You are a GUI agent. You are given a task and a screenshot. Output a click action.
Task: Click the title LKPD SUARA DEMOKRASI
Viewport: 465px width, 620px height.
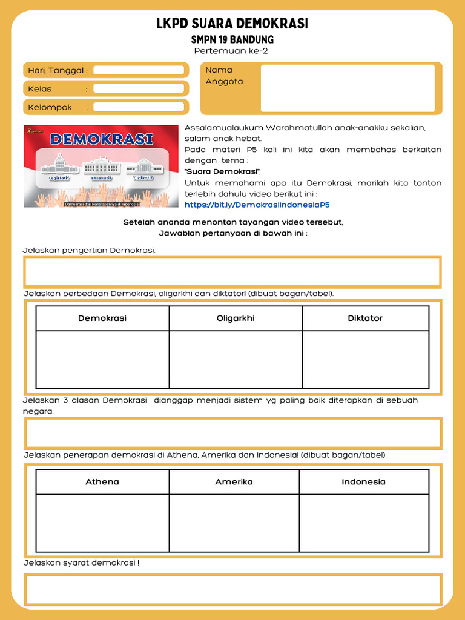tap(232, 24)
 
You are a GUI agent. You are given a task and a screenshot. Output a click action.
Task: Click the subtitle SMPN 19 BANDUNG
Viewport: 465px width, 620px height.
tap(232, 39)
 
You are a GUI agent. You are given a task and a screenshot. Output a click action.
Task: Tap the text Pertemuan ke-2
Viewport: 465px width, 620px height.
tap(231, 51)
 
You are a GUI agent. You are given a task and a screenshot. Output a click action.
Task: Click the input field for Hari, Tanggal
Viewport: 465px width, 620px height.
tap(139, 70)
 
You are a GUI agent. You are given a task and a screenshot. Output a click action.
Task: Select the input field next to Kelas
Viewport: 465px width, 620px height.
tap(139, 89)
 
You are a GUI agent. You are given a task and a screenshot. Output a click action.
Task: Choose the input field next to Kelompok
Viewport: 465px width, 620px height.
tap(139, 107)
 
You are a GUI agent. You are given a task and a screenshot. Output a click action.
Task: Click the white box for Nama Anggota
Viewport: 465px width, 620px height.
tap(348, 88)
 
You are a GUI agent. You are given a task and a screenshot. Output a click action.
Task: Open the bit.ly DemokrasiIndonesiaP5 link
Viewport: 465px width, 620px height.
tap(257, 205)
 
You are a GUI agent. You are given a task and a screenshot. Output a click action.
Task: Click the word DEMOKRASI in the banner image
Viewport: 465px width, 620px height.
tap(102, 139)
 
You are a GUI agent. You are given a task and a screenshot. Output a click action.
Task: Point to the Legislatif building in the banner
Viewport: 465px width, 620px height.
tap(59, 164)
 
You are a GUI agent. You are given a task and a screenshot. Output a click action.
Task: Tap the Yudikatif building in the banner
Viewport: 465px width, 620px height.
tap(143, 165)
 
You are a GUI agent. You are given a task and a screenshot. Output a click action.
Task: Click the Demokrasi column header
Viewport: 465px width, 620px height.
tap(102, 318)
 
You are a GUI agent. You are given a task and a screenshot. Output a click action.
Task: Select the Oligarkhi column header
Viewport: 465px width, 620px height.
tap(236, 318)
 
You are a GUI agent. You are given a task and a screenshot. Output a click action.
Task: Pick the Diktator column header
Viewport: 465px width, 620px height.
tap(365, 318)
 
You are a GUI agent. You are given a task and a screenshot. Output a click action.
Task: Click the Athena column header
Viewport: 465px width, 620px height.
tap(102, 482)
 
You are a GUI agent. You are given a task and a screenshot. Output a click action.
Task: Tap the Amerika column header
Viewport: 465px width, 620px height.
tap(234, 482)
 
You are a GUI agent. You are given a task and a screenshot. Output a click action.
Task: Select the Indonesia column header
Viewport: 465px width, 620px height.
tap(363, 482)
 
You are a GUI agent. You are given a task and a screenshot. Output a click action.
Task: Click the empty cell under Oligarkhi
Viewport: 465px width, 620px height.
tap(236, 359)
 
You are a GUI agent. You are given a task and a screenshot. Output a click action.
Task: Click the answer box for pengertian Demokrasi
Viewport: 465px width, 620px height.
tap(232, 271)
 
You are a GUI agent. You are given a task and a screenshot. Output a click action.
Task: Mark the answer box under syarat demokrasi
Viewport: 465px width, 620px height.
tap(232, 589)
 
